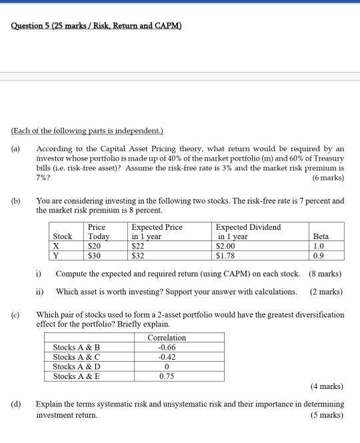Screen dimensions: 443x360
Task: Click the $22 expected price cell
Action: point(139,246)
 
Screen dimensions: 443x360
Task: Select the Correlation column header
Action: point(167,338)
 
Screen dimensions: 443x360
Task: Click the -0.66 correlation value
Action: point(167,347)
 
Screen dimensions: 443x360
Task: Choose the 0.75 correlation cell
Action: point(167,376)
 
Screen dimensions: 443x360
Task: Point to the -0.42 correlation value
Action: point(167,356)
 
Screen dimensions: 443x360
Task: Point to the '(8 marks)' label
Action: point(327,273)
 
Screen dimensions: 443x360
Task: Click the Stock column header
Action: point(63,236)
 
